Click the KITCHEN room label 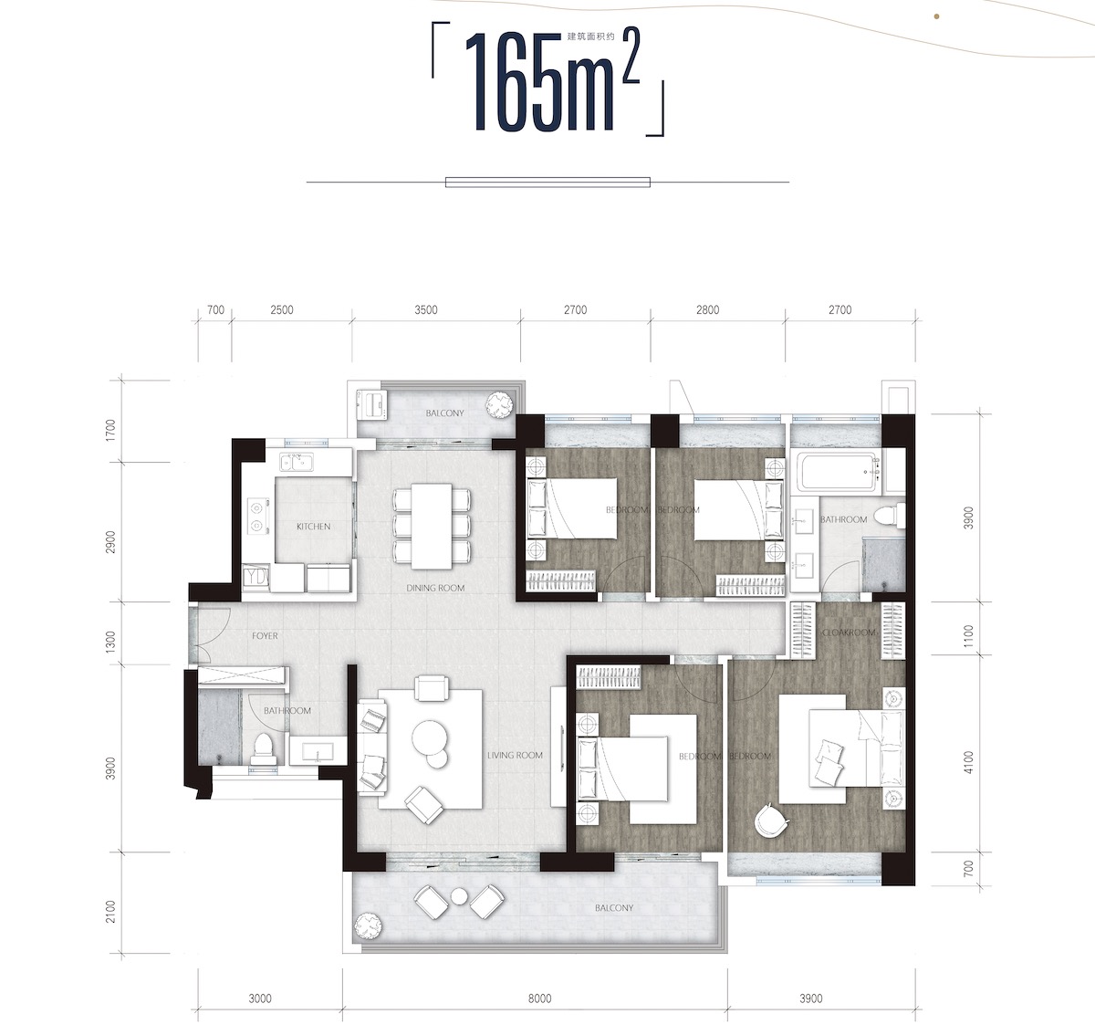[x=313, y=527]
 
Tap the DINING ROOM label [x=435, y=588]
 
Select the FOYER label [x=265, y=636]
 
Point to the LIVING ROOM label [x=515, y=756]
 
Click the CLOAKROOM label [x=849, y=632]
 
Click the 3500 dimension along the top [x=425, y=310]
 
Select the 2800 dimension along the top [x=707, y=310]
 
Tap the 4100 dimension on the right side [x=968, y=762]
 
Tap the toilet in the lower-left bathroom [x=264, y=749]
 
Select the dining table [x=432, y=527]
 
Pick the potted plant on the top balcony [x=499, y=406]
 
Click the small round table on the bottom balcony [x=459, y=896]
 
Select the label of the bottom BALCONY [x=614, y=908]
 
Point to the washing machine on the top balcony [x=372, y=403]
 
